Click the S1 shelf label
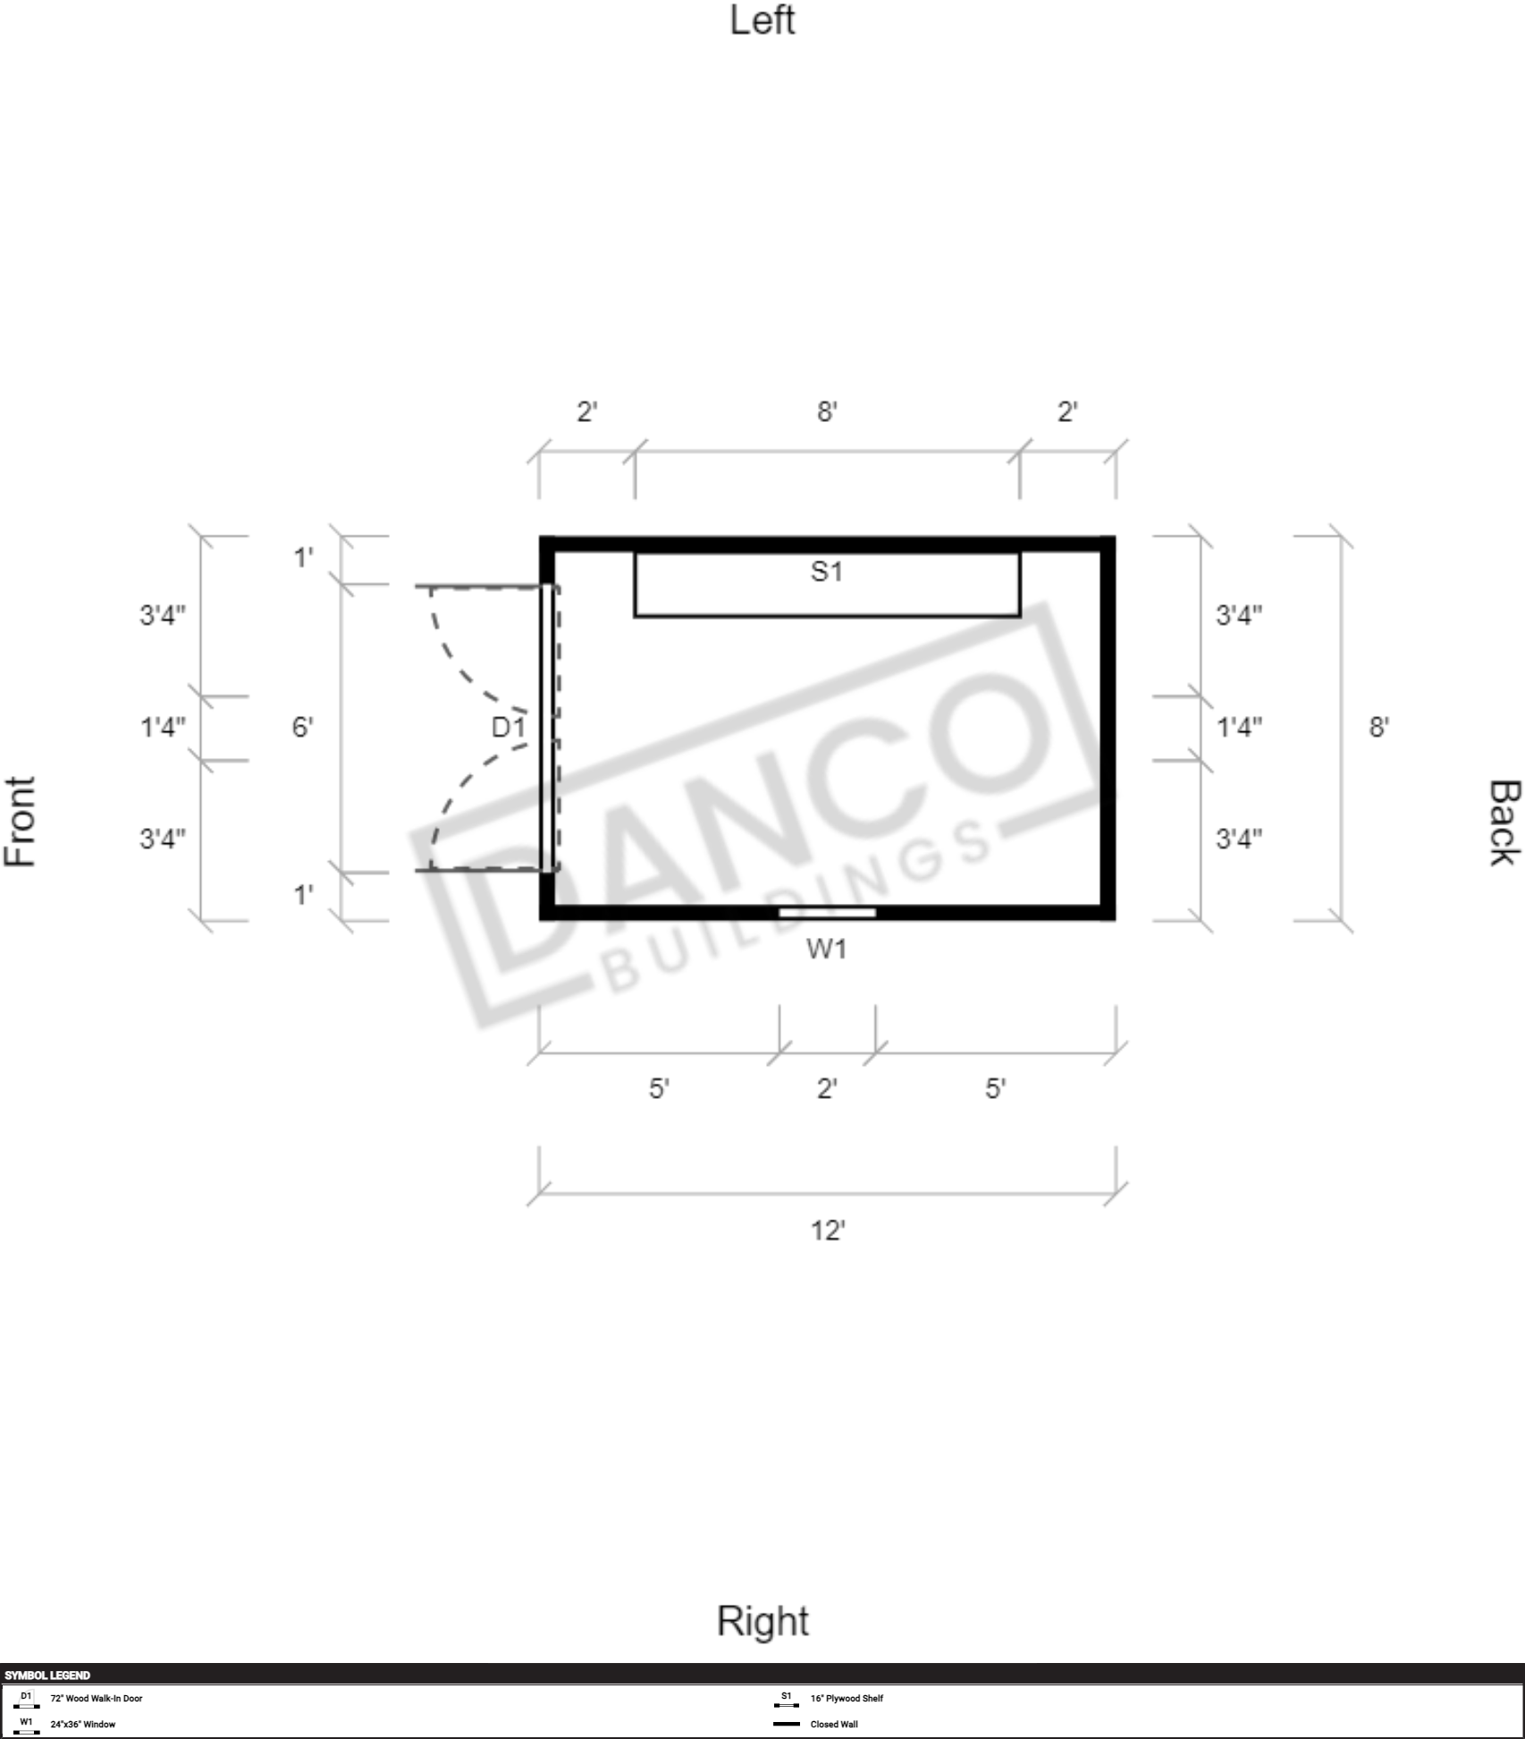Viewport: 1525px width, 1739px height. pos(826,571)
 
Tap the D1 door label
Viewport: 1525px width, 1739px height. pos(508,727)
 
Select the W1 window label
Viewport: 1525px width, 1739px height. pos(826,949)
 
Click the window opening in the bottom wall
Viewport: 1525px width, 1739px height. pos(827,912)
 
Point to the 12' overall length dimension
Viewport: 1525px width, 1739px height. pos(828,1231)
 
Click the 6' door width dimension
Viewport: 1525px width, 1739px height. pos(302,727)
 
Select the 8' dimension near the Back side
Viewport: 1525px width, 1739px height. pos(1378,727)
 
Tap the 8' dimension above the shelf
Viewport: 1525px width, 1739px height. pos(827,411)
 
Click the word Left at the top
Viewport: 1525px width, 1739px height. pos(762,20)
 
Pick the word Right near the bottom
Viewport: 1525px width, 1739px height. pos(762,1621)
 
